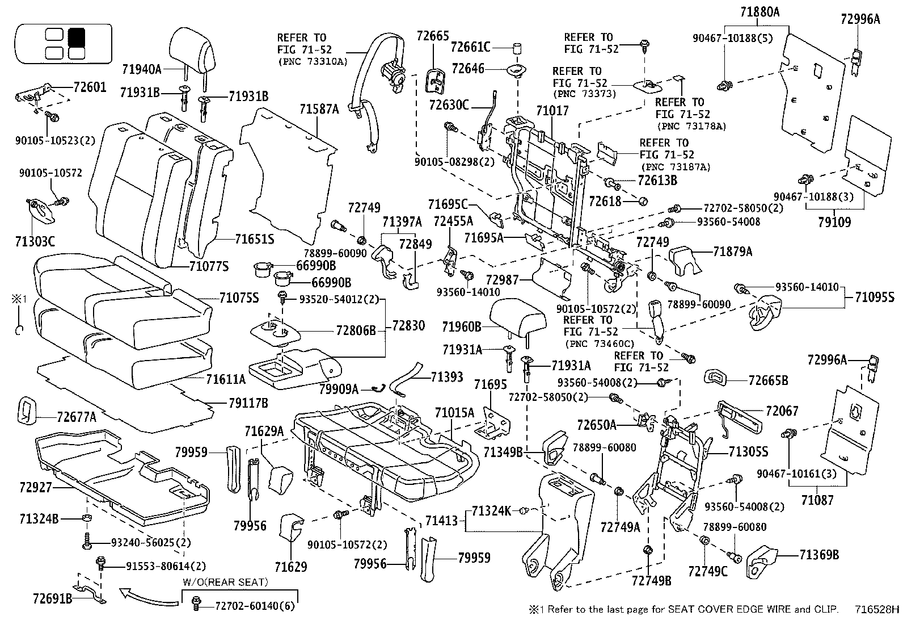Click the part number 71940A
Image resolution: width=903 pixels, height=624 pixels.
[x=142, y=69]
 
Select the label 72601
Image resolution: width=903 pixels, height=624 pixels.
[x=90, y=88]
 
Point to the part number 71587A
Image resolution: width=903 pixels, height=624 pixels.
[x=319, y=109]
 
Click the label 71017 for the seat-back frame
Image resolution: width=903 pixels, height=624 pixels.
[x=552, y=111]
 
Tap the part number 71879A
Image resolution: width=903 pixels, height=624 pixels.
[x=732, y=252]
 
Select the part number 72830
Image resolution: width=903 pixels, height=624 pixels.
[x=408, y=326]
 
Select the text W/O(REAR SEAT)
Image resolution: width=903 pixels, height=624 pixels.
[x=225, y=582]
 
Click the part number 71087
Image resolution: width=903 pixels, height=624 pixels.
[x=817, y=500]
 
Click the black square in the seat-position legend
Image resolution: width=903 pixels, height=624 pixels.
[x=76, y=37]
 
